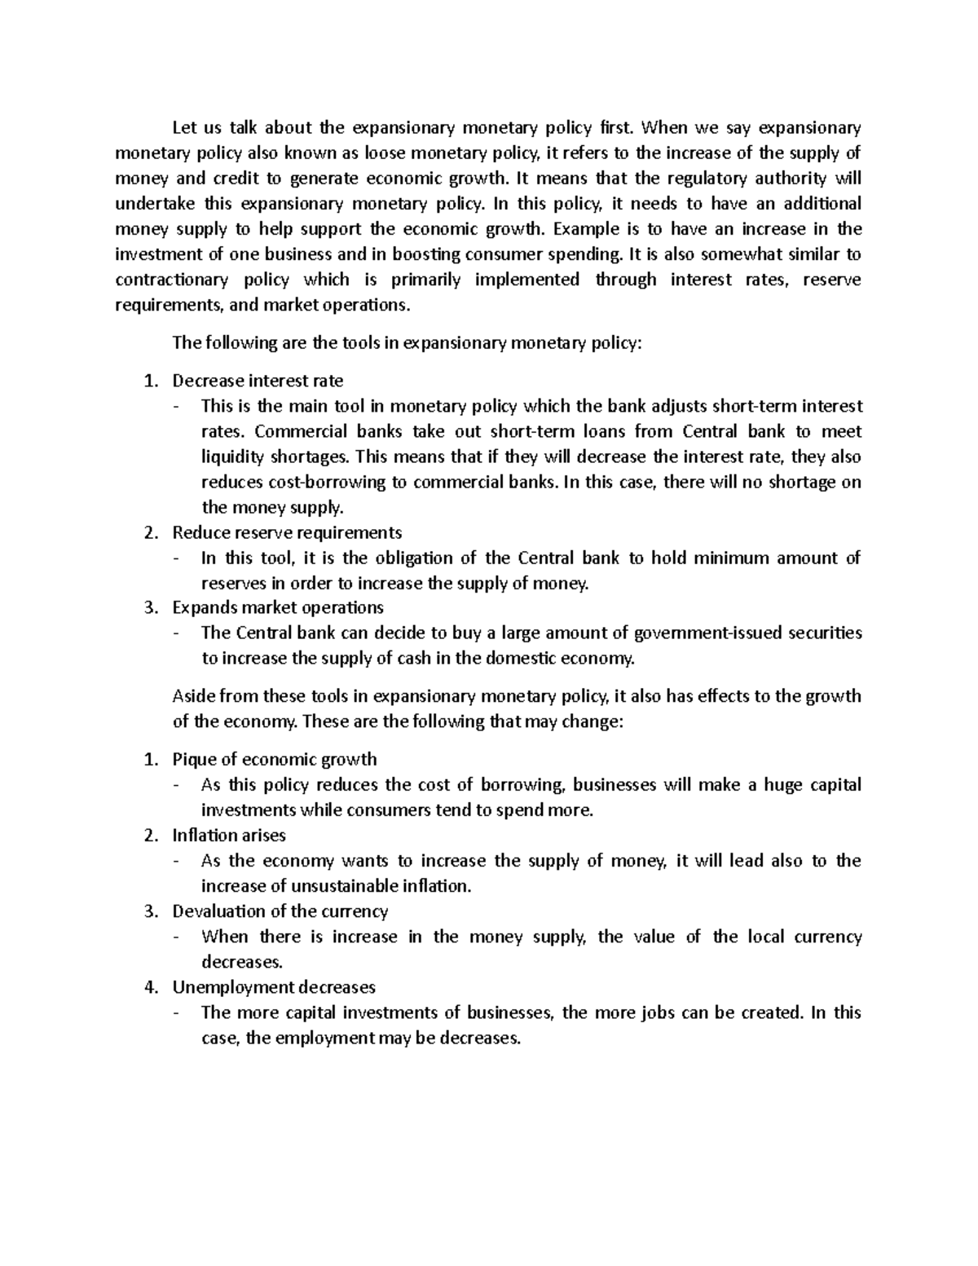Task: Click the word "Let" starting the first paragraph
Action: coord(184,128)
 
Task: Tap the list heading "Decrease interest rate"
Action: coord(258,381)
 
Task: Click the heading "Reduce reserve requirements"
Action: coord(287,532)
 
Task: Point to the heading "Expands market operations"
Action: coord(277,607)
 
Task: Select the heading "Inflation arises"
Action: coord(229,835)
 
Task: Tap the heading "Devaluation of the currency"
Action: coord(280,911)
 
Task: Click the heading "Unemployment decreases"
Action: coord(274,987)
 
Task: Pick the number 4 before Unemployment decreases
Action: coord(149,987)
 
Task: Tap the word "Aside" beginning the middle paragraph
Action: coord(192,696)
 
